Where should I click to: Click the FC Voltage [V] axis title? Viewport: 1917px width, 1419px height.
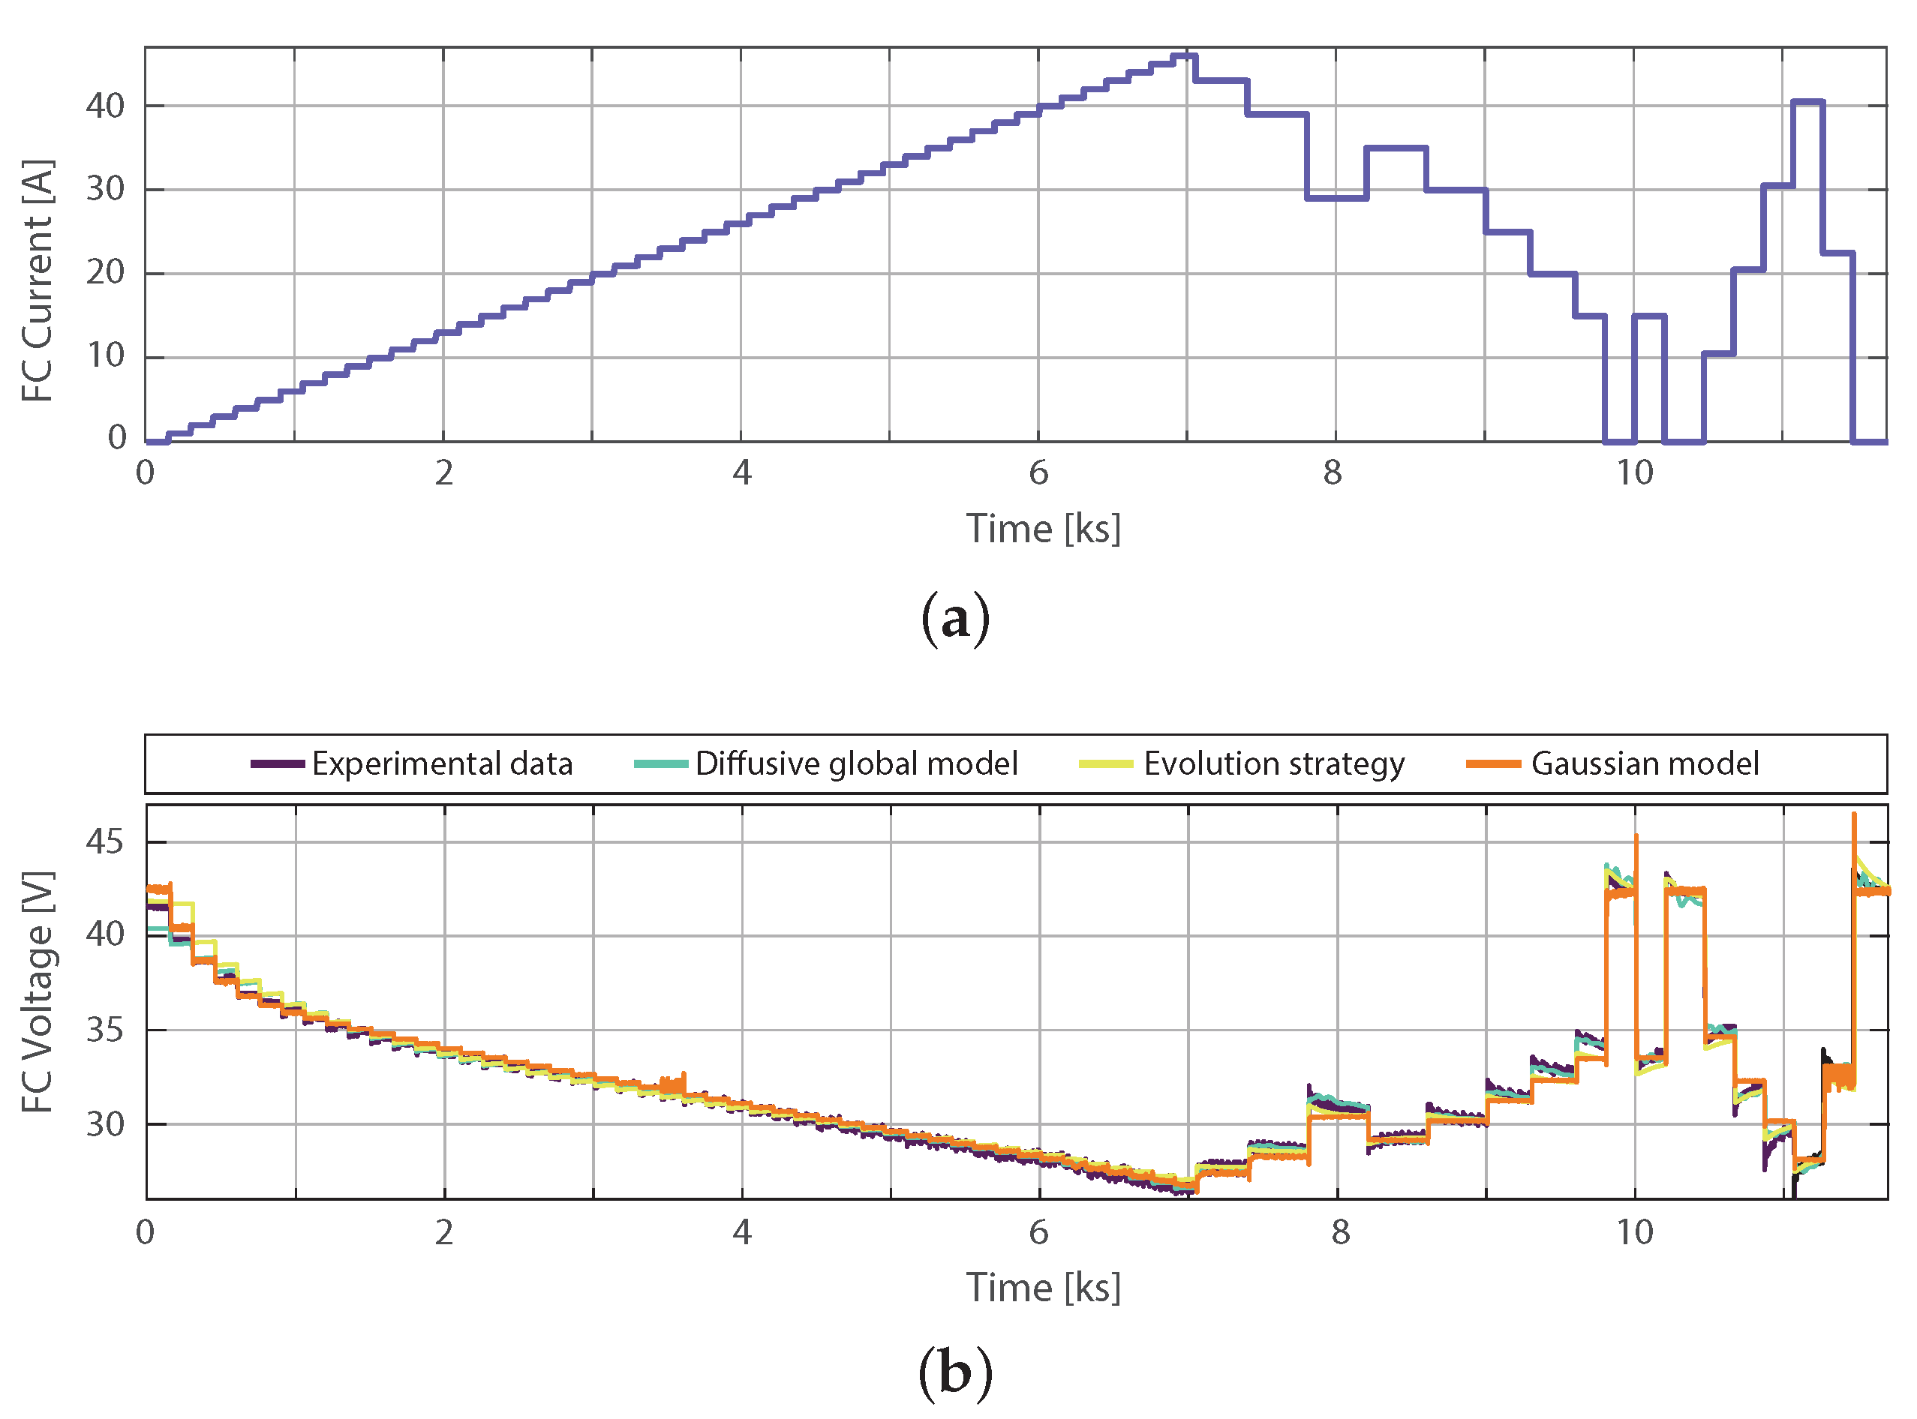pos(38,992)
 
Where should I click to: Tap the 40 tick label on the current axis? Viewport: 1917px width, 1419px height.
pos(106,106)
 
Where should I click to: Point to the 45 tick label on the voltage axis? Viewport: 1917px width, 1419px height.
pos(106,841)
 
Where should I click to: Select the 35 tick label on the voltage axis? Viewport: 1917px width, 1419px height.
pos(106,1030)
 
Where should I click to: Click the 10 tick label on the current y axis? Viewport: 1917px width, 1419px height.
pos(106,355)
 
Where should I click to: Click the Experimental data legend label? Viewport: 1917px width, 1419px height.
pos(442,763)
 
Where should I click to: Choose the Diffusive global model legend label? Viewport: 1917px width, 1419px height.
pos(857,763)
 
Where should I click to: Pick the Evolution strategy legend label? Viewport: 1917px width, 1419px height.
pos(1274,763)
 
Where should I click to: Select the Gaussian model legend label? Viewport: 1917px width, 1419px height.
pos(1645,763)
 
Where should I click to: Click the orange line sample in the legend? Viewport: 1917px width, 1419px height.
pos(1493,763)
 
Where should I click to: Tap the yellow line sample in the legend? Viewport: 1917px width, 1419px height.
pos(1106,763)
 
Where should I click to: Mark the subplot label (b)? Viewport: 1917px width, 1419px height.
pos(955,1372)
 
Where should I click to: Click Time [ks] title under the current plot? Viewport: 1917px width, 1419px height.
pos(1043,529)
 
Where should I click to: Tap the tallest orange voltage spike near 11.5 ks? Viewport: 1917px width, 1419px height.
pos(1854,815)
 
